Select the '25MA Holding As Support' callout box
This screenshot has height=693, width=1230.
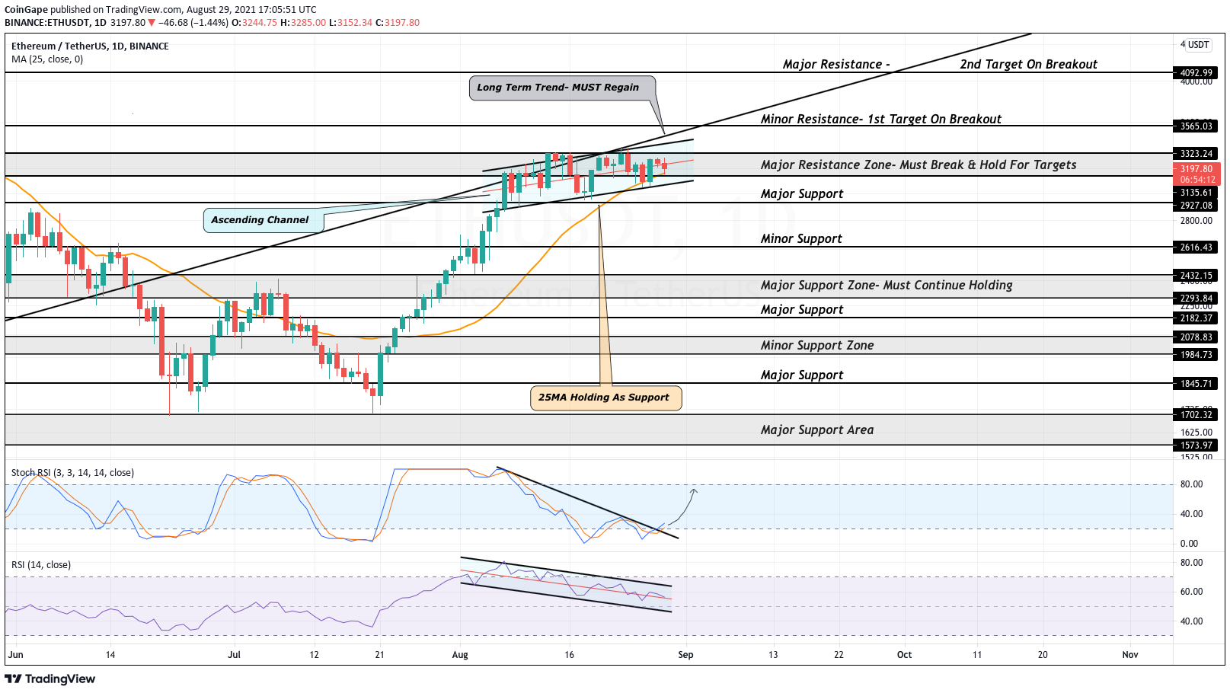point(605,398)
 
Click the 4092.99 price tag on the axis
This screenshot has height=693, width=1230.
point(1196,73)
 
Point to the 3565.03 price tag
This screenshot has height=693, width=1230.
point(1196,126)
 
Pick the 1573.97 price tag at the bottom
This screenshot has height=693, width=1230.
point(1196,445)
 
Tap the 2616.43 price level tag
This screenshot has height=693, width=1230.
point(1196,247)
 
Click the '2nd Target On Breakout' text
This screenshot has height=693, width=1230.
point(1028,65)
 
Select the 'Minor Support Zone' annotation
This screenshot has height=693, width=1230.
point(817,346)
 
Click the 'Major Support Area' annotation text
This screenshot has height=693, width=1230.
point(817,430)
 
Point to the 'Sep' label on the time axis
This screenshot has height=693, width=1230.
point(685,655)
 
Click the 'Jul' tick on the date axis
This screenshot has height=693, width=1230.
point(234,655)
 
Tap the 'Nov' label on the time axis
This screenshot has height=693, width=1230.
point(1130,655)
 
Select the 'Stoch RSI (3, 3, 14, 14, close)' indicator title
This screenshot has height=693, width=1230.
point(72,473)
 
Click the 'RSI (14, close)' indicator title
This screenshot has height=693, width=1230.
point(41,565)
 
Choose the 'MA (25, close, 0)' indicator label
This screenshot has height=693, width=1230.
point(47,59)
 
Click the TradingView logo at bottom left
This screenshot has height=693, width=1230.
point(50,679)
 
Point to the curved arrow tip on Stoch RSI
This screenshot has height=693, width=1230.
point(694,490)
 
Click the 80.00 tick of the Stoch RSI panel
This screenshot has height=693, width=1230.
point(1191,484)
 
